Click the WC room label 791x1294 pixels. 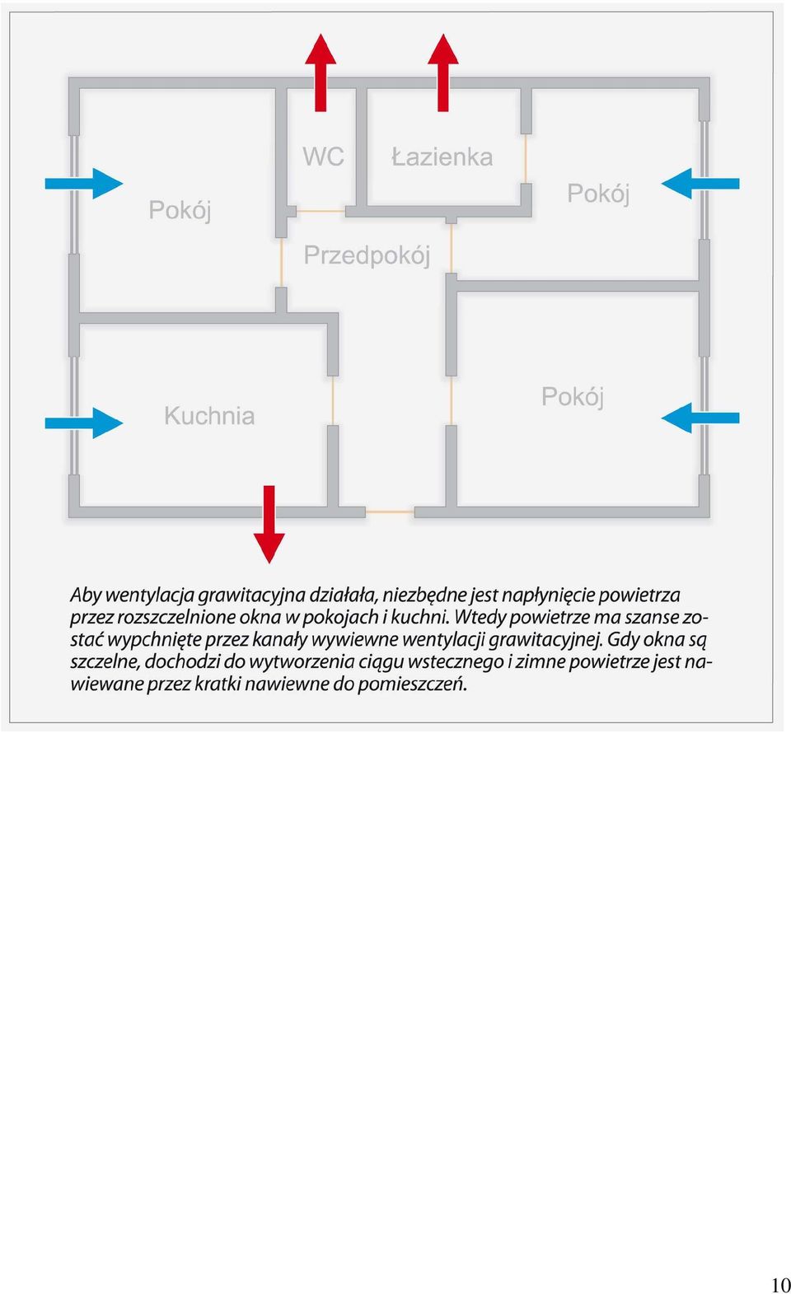(324, 156)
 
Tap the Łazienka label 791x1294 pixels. (442, 157)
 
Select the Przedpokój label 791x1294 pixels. (367, 255)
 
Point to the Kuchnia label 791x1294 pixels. (209, 416)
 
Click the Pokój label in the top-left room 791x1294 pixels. (180, 210)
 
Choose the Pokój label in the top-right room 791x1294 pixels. (598, 194)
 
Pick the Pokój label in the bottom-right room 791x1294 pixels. (573, 397)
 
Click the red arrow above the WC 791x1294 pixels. (321, 72)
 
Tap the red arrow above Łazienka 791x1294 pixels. (443, 72)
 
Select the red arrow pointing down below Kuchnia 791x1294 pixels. (269, 524)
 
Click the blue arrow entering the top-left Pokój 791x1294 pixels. (84, 184)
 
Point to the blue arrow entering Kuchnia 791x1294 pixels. (84, 423)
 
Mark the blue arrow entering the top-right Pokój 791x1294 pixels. (700, 184)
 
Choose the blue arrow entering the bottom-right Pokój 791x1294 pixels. (700, 418)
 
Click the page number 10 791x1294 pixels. (780, 1283)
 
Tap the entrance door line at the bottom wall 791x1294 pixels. (390, 512)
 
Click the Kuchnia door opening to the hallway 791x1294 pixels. (333, 401)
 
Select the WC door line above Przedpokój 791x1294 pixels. (321, 211)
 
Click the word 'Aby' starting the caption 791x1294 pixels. (86, 595)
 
